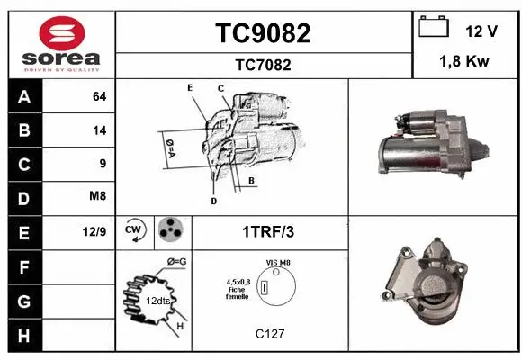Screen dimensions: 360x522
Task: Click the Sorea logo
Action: point(61,44)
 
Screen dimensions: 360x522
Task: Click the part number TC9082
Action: point(263,33)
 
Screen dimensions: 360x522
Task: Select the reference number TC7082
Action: point(263,65)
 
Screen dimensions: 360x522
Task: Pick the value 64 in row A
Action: point(99,97)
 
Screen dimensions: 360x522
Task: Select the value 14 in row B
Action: point(99,130)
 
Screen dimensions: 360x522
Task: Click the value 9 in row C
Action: point(103,164)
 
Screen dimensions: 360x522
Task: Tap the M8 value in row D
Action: point(98,197)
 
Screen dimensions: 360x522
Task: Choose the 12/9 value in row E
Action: point(95,231)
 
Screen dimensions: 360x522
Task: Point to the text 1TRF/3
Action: point(269,231)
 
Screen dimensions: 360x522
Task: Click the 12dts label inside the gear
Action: point(158,301)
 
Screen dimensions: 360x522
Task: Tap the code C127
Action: point(269,334)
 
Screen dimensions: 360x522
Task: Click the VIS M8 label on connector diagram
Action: point(279,262)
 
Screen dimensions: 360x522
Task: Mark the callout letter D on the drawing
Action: point(213,201)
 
